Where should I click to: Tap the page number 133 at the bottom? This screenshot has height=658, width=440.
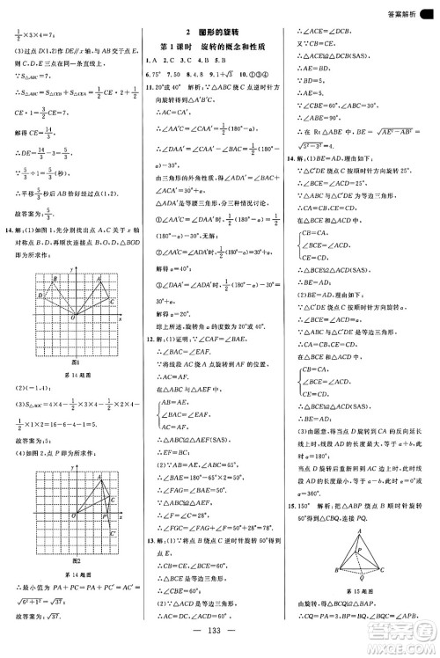click(x=220, y=640)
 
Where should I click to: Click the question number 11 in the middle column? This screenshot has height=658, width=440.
click(x=150, y=89)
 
